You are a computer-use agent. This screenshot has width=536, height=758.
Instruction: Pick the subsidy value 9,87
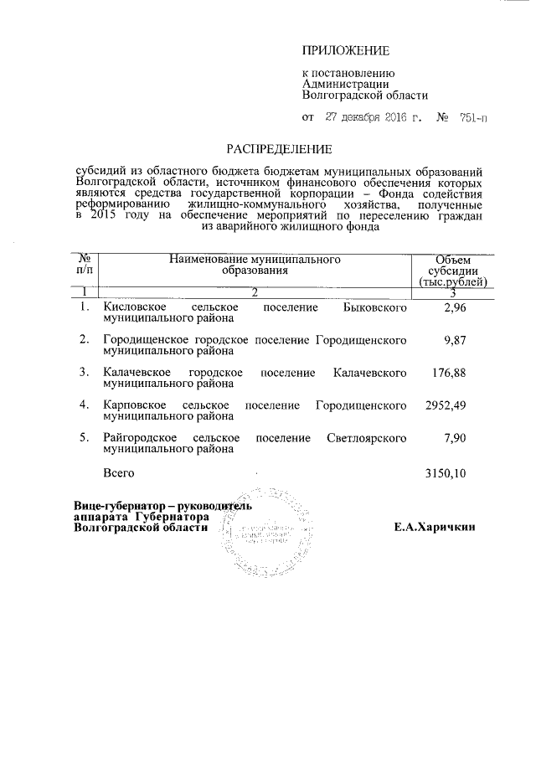pos(450,340)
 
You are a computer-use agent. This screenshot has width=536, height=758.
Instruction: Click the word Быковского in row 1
pos(376,309)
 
